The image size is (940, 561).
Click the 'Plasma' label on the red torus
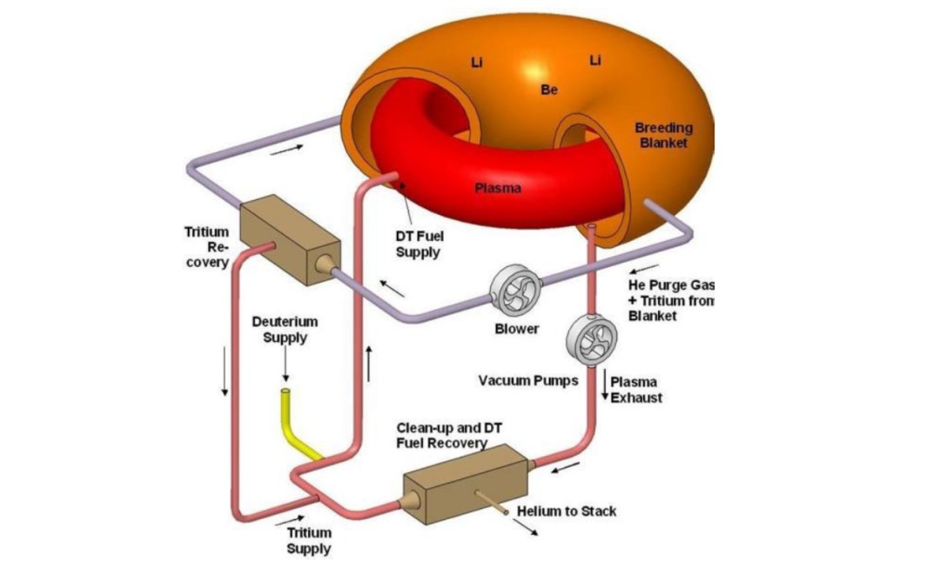499,187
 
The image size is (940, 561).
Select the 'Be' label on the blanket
549,89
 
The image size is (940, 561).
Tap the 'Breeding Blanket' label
663,136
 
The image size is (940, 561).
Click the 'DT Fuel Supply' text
418,244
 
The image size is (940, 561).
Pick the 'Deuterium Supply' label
285,329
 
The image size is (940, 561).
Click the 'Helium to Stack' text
567,511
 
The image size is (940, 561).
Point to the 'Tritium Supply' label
309,540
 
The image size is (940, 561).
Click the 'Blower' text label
517,330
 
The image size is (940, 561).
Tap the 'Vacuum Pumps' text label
528,380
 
